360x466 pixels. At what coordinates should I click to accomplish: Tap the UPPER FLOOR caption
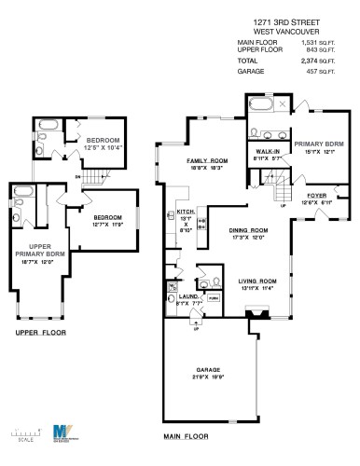39,332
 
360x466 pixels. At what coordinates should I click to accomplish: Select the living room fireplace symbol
250,317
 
